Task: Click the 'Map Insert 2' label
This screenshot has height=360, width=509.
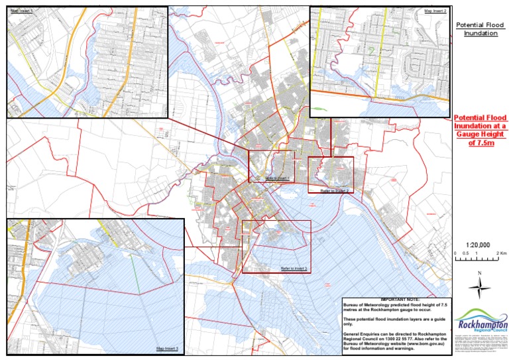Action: [x=435, y=11]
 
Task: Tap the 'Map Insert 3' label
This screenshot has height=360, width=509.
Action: [x=167, y=349]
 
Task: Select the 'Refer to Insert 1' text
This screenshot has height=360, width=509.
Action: [x=278, y=178]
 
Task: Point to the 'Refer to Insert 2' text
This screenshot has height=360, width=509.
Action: [x=334, y=190]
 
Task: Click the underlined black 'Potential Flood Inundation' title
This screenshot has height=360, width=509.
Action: [x=480, y=29]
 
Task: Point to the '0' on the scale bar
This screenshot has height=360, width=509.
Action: [x=456, y=254]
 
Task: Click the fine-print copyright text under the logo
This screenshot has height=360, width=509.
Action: [x=480, y=344]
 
